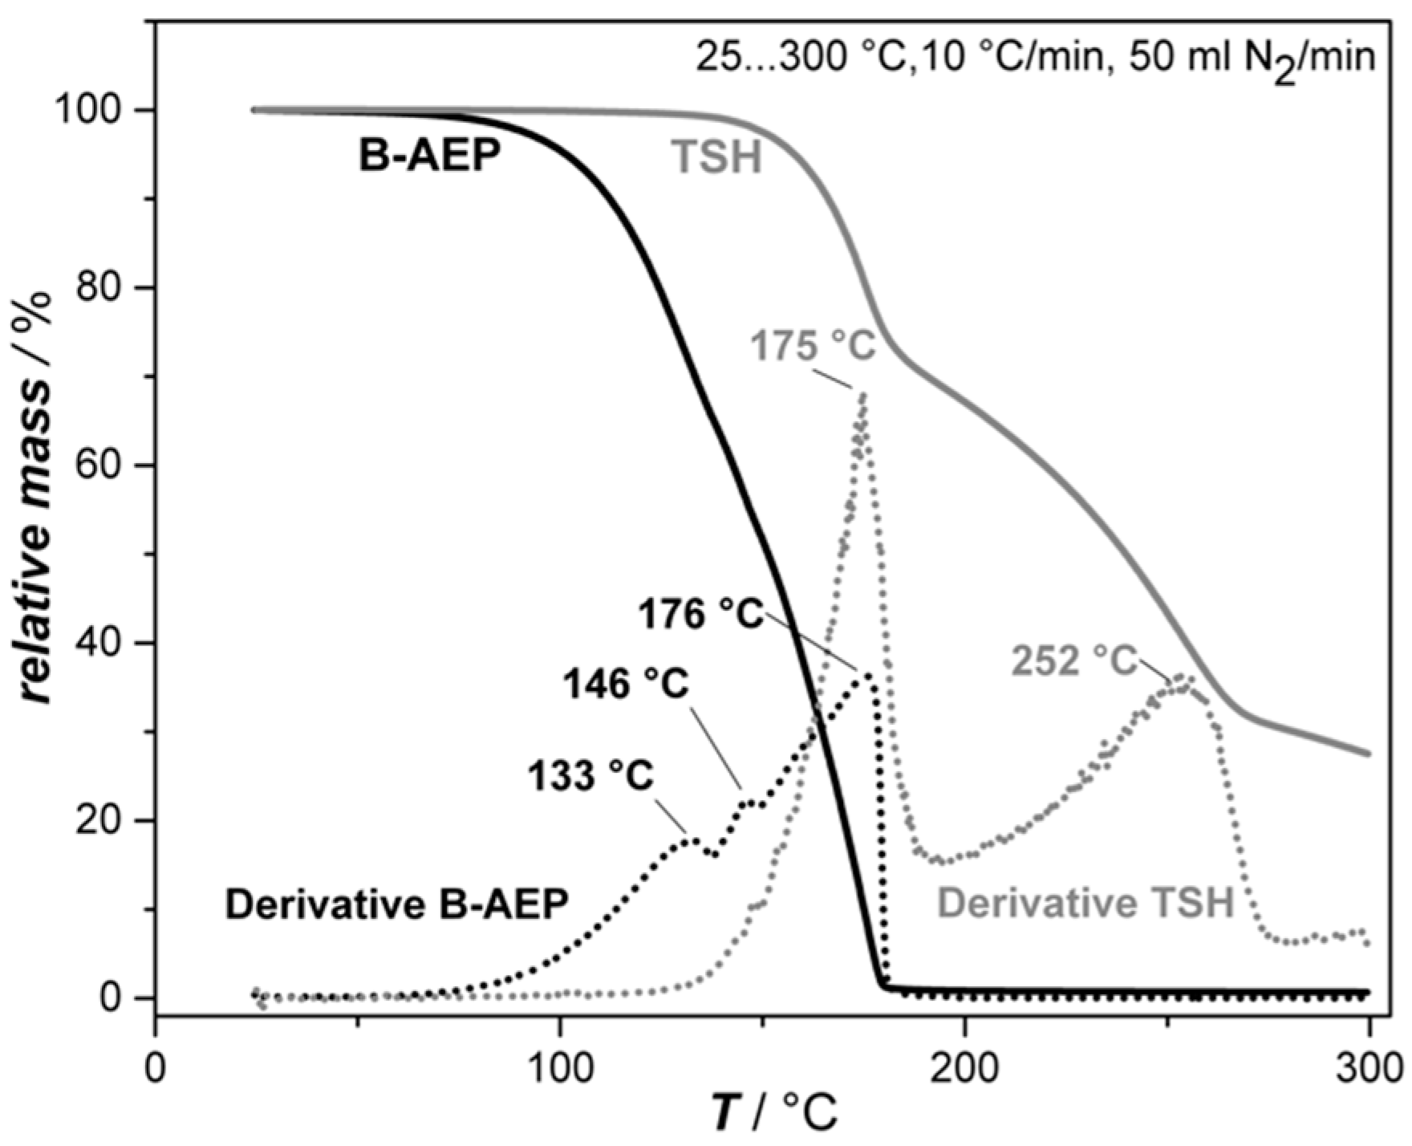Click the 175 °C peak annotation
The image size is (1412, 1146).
pos(813,347)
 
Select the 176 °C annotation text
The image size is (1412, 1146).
pos(700,616)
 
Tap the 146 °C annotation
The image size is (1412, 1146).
pos(626,685)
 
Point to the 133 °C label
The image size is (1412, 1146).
pos(590,776)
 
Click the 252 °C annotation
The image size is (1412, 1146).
pos(1075,661)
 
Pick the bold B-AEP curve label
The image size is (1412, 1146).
pos(428,156)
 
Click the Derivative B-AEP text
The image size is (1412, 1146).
pos(396,904)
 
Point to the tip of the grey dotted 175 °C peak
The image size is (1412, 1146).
pos(863,393)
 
